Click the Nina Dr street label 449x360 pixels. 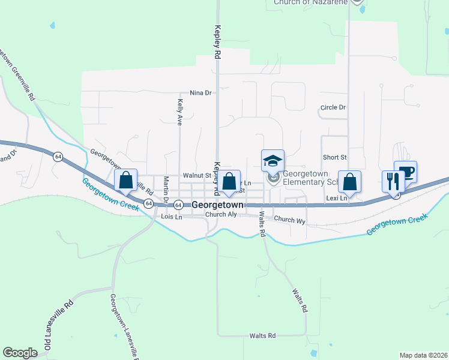tap(201, 93)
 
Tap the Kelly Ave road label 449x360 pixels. tap(179, 112)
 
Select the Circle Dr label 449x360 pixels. tap(333, 107)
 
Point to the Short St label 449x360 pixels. tap(335, 157)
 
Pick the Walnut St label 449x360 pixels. tap(197, 175)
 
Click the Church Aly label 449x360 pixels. tap(217, 214)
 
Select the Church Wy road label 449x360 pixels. tap(290, 220)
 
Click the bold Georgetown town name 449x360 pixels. tap(217, 205)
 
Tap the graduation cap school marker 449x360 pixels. tap(273, 161)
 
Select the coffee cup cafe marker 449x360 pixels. tap(405, 172)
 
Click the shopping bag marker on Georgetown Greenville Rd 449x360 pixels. tap(125, 179)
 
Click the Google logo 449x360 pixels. tap(20, 353)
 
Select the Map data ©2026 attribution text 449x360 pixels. tap(423, 355)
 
